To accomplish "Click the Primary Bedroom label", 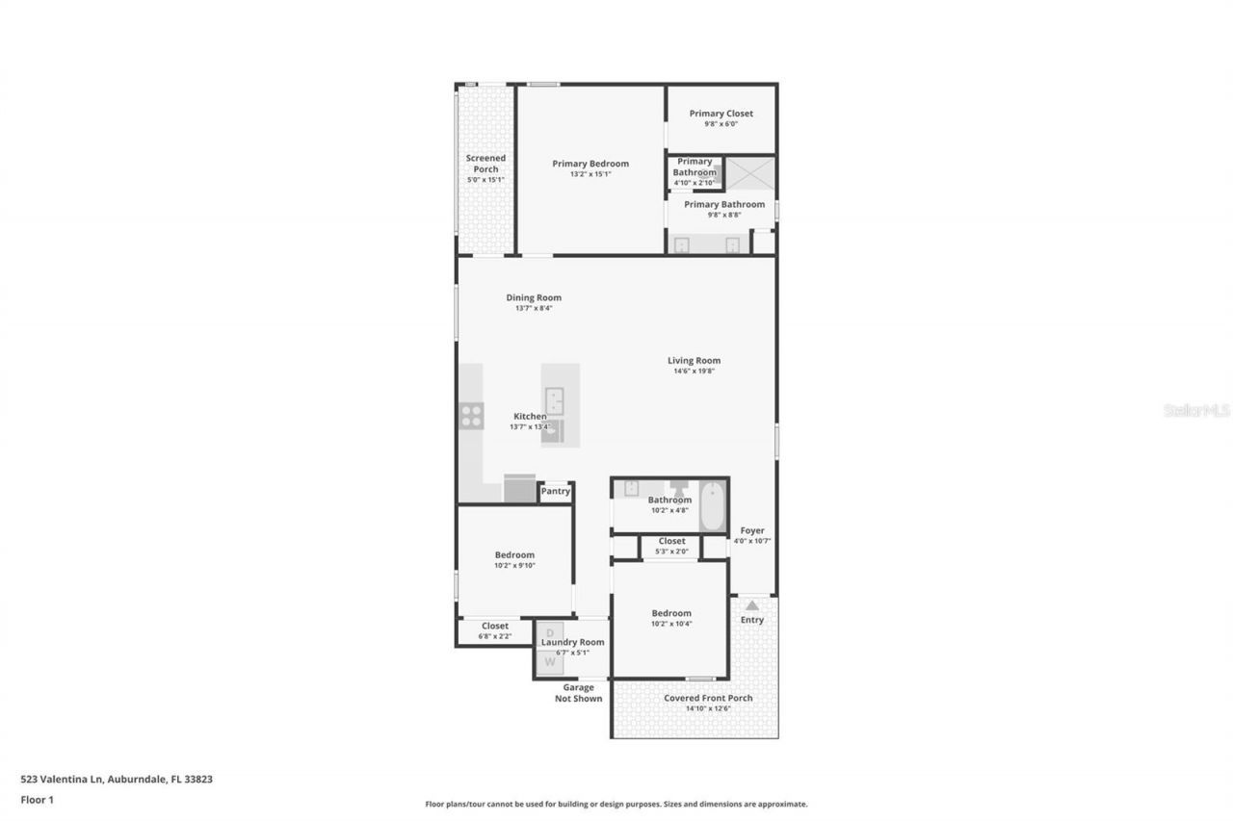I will tap(590, 164).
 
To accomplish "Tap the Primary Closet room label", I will tap(721, 114).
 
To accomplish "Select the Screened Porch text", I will tap(485, 164).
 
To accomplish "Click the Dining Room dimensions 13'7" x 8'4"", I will tap(533, 308).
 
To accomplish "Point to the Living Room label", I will tap(694, 361).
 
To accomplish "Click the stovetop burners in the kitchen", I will tap(471, 415).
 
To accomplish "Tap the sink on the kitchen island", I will tap(554, 399).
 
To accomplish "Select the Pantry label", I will tap(555, 492).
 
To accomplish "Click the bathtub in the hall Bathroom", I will tap(712, 506).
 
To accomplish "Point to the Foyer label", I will tap(751, 530).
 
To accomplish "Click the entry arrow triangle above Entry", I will tap(751, 605).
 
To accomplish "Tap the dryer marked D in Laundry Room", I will tap(549, 632).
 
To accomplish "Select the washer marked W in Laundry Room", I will tap(550, 661).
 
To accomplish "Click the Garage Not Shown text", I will tap(578, 693).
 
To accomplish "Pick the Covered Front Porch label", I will tap(708, 698).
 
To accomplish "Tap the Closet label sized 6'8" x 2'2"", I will tap(494, 626).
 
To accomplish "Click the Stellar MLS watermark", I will tap(1196, 410).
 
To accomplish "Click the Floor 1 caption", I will tap(37, 799).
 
